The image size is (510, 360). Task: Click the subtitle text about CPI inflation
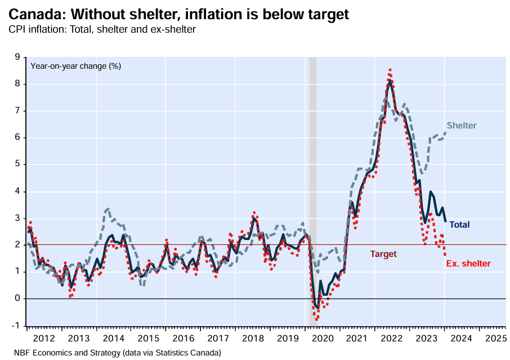(102, 29)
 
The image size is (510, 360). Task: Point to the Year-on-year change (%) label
(76, 66)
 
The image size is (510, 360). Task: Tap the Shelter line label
(462, 126)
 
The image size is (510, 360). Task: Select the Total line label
(459, 225)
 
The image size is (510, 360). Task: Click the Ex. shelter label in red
(468, 264)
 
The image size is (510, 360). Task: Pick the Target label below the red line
(383, 254)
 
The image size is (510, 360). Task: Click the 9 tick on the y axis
(17, 57)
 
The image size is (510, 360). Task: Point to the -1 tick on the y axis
(16, 325)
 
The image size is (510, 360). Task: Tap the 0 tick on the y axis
(17, 299)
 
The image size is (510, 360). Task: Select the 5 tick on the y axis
(17, 165)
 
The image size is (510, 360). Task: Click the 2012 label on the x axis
(44, 339)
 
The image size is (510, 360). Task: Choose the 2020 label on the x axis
(322, 339)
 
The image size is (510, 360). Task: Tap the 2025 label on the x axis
(495, 339)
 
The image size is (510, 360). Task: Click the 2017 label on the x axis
(218, 339)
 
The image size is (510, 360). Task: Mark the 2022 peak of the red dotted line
(390, 69)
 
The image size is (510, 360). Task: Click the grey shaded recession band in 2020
(313, 192)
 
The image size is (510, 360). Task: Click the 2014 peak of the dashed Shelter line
(107, 209)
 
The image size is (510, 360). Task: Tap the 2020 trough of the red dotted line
(317, 319)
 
